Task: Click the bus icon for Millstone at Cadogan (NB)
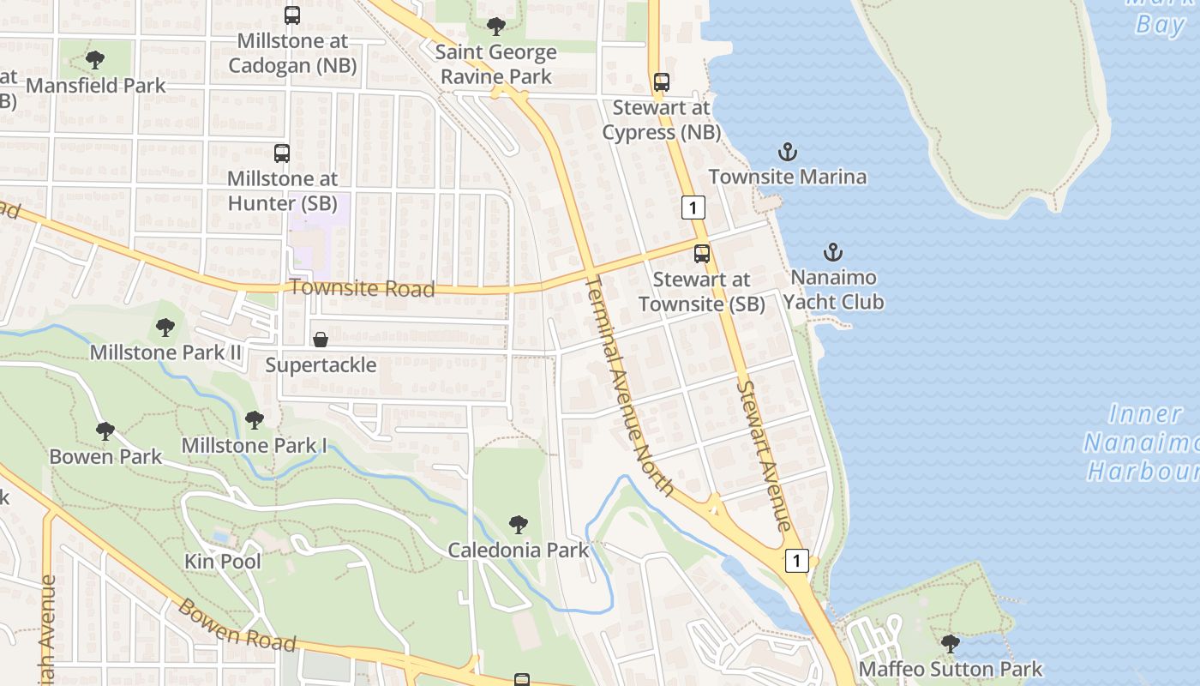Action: (292, 15)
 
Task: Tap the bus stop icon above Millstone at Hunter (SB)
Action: (282, 153)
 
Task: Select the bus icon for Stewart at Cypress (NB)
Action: (661, 82)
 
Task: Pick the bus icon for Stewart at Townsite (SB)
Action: (702, 254)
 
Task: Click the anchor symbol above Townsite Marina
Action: (788, 153)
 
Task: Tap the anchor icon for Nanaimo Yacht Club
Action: (832, 252)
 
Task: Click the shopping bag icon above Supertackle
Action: (321, 340)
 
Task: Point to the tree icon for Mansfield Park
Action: (95, 60)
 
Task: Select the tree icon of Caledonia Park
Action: (519, 524)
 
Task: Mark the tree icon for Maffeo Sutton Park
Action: (950, 643)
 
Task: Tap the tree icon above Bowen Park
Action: (105, 430)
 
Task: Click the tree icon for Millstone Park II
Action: (165, 327)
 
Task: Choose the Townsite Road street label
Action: (362, 288)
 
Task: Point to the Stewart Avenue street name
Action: (763, 454)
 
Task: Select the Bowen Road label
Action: (237, 625)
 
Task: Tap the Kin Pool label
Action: (223, 562)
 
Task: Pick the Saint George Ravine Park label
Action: (495, 64)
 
